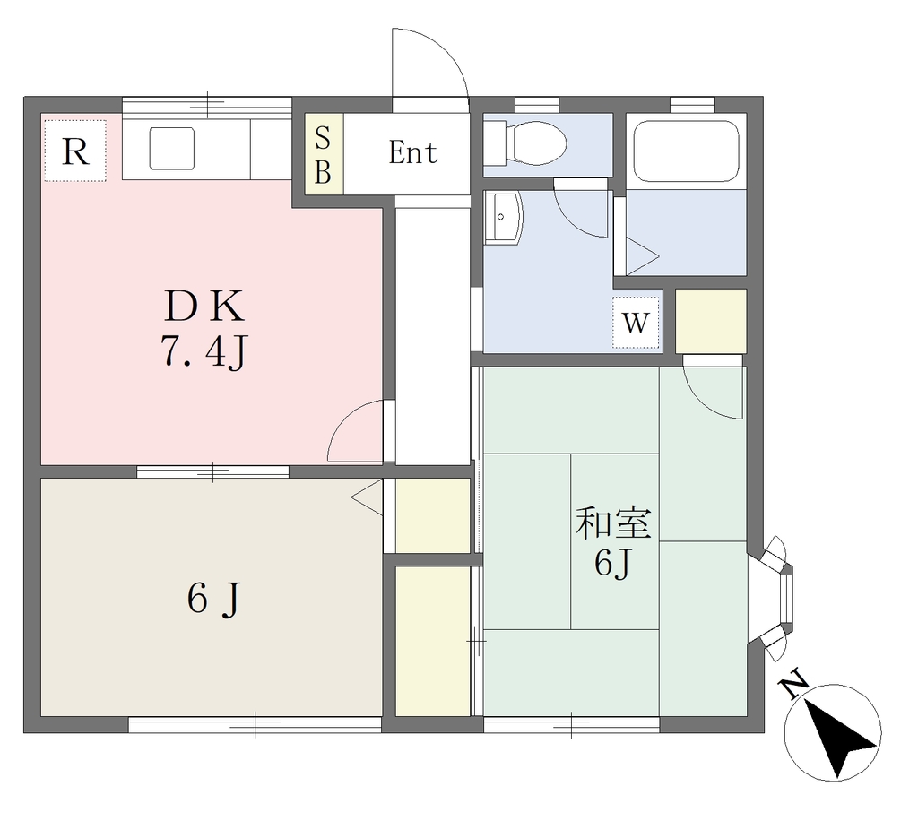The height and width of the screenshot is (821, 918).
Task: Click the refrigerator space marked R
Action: click(75, 151)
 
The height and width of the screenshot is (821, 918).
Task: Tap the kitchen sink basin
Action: click(171, 149)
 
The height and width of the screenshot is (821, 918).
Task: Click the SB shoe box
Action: click(324, 154)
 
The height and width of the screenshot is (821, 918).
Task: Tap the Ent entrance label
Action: click(412, 153)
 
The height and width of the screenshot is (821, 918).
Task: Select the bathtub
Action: click(686, 151)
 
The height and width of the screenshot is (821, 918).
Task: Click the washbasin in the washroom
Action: click(502, 218)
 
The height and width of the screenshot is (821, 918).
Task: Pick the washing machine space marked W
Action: click(636, 323)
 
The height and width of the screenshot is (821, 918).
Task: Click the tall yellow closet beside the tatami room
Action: click(433, 641)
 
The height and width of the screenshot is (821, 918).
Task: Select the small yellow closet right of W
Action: click(711, 321)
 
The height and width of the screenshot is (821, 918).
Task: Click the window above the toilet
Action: click(537, 105)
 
